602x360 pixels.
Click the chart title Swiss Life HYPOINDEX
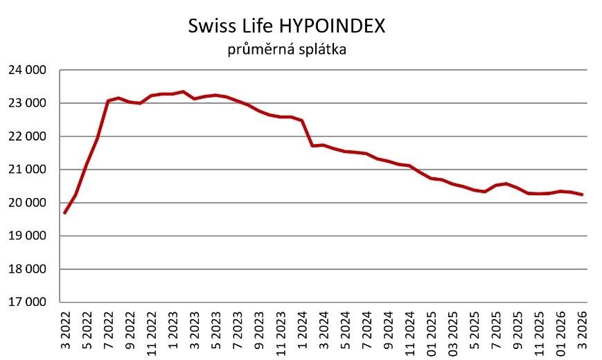coord(287,27)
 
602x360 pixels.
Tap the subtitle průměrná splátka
coord(287,49)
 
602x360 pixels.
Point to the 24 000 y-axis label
coord(27,70)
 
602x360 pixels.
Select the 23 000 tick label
coord(27,103)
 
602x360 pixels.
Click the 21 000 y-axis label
coord(27,170)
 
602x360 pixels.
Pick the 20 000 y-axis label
coord(27,203)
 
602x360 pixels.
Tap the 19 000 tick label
coord(27,236)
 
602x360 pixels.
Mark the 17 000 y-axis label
coord(27,303)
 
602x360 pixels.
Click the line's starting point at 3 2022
coord(64,213)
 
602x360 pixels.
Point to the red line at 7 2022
coord(108,101)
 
